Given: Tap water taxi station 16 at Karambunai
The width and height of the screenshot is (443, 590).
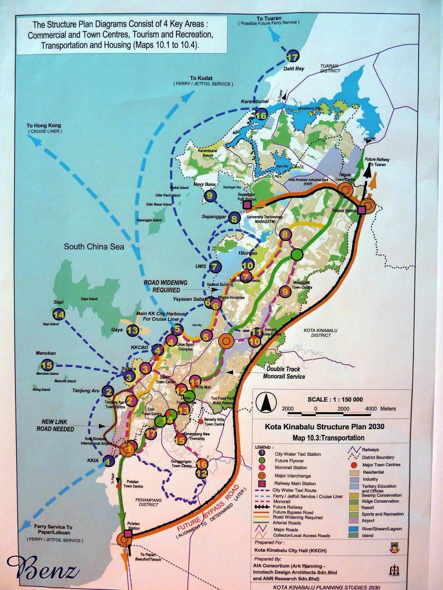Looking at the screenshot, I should pyautogui.click(x=261, y=115).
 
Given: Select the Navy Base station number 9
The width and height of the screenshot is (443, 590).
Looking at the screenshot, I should pyautogui.click(x=210, y=195).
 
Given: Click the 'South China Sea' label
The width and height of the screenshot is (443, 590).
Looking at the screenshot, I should pyautogui.click(x=94, y=247).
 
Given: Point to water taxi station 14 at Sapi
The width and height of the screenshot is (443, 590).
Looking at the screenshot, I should pyautogui.click(x=59, y=315).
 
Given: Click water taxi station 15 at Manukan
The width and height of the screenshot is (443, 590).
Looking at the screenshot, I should pyautogui.click(x=47, y=365).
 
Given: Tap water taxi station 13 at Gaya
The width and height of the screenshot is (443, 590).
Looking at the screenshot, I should pyautogui.click(x=133, y=330).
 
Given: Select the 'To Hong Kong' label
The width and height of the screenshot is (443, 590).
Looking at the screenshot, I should pyautogui.click(x=44, y=126).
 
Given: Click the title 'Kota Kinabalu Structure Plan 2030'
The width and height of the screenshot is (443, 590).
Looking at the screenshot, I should pyautogui.click(x=324, y=427).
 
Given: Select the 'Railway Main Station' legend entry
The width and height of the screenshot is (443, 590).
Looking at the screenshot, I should pyautogui.click(x=295, y=483).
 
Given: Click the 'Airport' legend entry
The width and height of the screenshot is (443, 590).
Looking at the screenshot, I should pyautogui.click(x=368, y=521).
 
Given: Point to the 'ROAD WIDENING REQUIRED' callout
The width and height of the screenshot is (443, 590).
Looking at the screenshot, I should pyautogui.click(x=165, y=286).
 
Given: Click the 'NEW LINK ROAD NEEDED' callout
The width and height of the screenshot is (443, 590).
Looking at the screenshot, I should pyautogui.click(x=55, y=425).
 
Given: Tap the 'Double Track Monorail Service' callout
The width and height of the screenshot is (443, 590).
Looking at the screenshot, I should pyautogui.click(x=284, y=372).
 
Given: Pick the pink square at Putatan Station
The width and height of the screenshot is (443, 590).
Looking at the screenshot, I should pyautogui.click(x=128, y=534).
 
